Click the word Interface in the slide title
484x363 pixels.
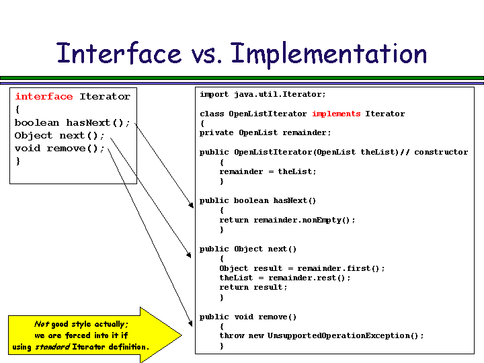pos(119,54)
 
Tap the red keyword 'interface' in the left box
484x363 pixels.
pos(44,97)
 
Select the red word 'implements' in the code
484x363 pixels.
pos(336,114)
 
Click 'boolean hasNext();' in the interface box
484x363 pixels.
pos(73,123)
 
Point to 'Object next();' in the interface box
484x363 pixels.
pos(60,136)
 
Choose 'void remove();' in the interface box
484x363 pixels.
pos(60,149)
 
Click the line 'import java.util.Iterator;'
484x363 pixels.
pos(262,95)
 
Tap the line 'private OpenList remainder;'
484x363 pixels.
pos(265,133)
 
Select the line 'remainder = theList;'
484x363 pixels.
pos(268,172)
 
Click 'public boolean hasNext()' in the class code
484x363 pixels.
pos(257,201)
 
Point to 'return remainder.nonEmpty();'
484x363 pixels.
pos(287,220)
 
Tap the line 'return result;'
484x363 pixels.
pos(253,288)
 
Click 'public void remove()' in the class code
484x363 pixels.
pos(247,317)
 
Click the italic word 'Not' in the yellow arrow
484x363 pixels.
pos(42,324)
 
